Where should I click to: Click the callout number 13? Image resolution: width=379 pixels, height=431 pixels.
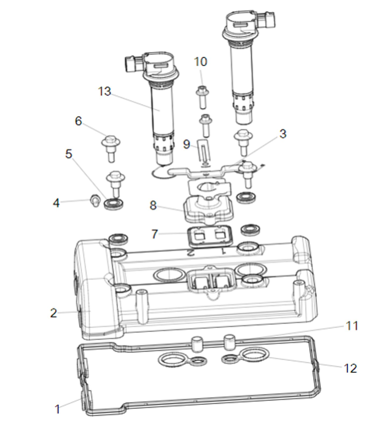coord(105,91)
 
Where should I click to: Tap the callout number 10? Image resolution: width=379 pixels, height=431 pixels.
coord(200,62)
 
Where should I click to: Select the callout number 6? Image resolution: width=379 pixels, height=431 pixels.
coord(78,121)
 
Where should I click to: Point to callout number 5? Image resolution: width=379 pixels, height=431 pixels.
coord(69,154)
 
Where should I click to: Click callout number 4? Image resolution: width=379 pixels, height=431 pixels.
coord(56,203)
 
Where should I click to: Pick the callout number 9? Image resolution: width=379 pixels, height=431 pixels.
coord(186,144)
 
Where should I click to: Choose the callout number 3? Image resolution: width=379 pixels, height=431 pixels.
coord(283,134)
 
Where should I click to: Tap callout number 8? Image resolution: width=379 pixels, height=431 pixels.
coord(153,206)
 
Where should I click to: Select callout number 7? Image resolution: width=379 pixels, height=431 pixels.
coord(154,234)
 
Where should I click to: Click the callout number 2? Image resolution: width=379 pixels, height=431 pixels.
coord(54,313)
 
